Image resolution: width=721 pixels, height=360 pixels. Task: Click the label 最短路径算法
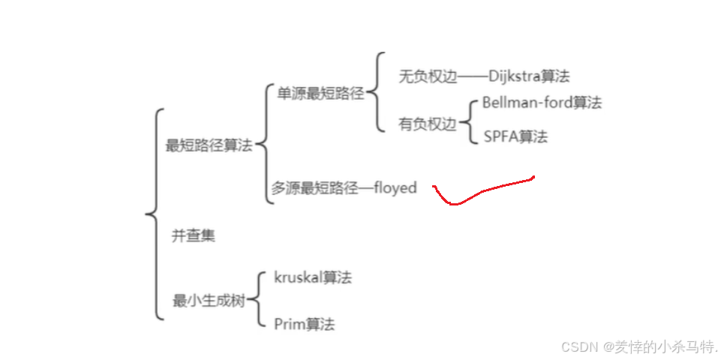[209, 145]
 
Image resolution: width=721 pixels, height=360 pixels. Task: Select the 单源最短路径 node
[320, 94]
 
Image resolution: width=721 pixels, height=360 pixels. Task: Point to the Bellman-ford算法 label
[542, 103]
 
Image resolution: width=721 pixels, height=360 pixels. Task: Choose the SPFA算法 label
[515, 136]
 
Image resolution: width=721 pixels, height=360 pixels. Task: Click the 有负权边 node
[428, 124]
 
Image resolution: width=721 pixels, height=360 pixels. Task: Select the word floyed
[395, 188]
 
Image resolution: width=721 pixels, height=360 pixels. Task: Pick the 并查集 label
[194, 235]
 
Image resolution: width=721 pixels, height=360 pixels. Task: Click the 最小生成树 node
[208, 301]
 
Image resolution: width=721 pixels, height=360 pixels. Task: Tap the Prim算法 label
[304, 324]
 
